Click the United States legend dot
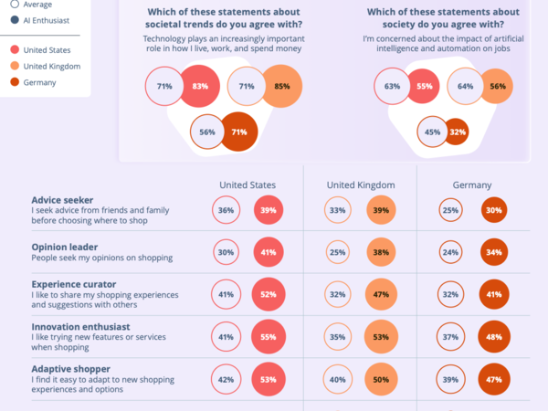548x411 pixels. tap(15, 50)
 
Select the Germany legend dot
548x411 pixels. tap(15, 82)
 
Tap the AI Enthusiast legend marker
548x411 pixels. tap(15, 19)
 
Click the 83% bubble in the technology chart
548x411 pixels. tap(200, 87)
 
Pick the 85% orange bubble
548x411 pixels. tap(281, 87)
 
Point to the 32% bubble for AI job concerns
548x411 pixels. tap(456, 132)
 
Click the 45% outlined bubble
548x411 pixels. tap(433, 132)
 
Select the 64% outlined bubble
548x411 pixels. tap(465, 87)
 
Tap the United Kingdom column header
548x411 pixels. tap(361, 184)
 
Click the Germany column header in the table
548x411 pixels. tap(472, 184)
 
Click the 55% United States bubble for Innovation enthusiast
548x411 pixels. tap(269, 337)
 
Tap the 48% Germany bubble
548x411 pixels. tap(494, 337)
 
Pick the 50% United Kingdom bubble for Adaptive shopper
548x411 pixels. tap(379, 379)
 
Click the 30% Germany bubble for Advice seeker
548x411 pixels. tap(494, 211)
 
